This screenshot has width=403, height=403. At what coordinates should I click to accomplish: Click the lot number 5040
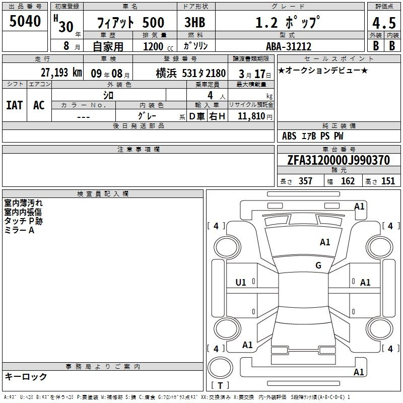pos(25,21)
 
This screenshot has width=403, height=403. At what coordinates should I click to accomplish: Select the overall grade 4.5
pos(384,23)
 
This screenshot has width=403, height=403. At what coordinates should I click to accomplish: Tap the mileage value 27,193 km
pos(61,73)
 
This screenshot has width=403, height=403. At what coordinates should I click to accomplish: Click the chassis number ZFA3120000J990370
pos(339,160)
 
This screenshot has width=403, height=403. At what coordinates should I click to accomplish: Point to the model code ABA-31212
pos(289,46)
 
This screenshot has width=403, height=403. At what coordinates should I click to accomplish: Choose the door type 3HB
pos(195,22)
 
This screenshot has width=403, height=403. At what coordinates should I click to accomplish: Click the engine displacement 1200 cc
pos(158,46)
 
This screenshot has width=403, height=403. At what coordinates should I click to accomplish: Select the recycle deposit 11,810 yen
pos(255,116)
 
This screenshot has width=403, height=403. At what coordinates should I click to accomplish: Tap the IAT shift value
pos(15,105)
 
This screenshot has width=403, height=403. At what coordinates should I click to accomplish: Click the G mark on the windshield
pos(318,265)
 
